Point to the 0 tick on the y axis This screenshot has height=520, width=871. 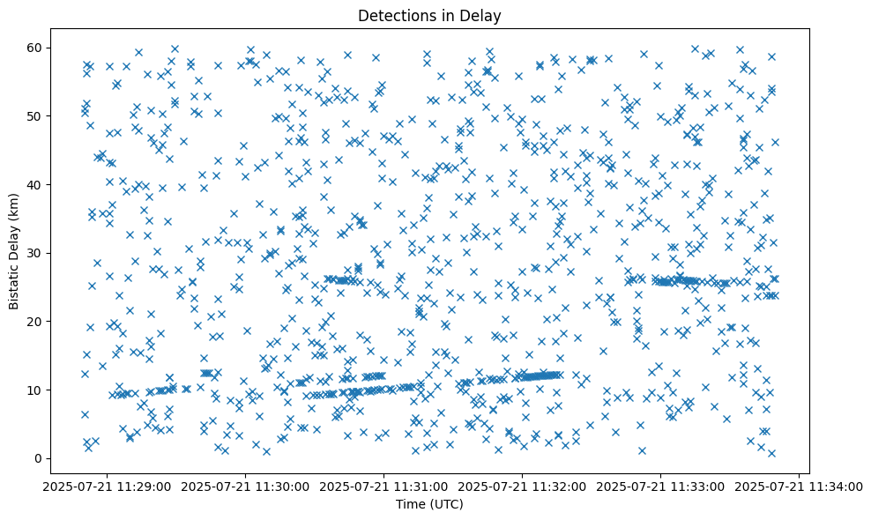coord(40,458)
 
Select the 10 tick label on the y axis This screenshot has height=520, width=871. coord(36,390)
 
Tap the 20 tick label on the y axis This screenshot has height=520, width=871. coord(36,322)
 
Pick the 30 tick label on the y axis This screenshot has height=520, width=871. coord(36,253)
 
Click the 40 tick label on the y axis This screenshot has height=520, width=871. coord(36,184)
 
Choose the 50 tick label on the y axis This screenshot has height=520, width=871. coord(36,115)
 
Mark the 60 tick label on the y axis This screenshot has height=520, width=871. coord(36,48)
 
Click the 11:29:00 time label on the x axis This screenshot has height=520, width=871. coord(108,486)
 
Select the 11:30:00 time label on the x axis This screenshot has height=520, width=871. coord(246,486)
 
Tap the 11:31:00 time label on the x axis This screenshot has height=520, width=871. coord(384,486)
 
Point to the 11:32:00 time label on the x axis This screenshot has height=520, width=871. coord(523,486)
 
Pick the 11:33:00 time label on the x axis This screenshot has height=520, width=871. coord(661,486)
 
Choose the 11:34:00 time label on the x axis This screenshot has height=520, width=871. coord(800,486)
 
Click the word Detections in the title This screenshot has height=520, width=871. coord(392,15)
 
